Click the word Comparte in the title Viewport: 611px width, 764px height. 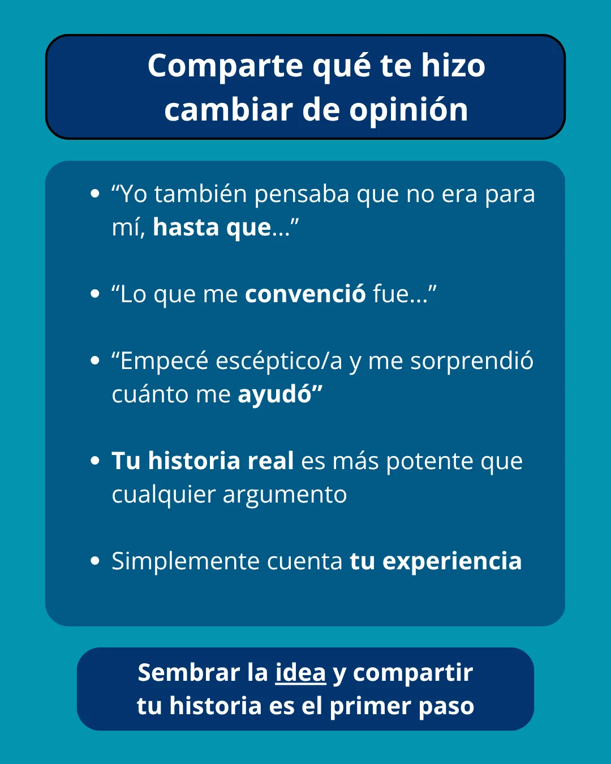click(x=225, y=66)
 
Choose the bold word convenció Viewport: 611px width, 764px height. click(x=305, y=294)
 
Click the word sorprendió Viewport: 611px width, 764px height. click(x=472, y=361)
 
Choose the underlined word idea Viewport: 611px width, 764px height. click(x=300, y=673)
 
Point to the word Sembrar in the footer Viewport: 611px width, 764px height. click(x=189, y=673)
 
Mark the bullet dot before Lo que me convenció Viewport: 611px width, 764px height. click(x=95, y=294)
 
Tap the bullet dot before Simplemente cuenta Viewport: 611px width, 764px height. click(x=95, y=561)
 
